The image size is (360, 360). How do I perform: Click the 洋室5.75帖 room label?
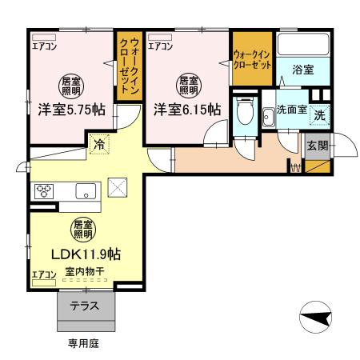pyautogui.click(x=70, y=111)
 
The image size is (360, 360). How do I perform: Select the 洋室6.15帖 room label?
pyautogui.click(x=187, y=111)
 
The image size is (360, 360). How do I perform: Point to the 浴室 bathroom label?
pyautogui.click(x=302, y=70)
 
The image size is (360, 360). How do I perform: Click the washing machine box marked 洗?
pyautogui.click(x=318, y=115)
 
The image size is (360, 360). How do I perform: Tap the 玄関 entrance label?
pyautogui.click(x=317, y=145)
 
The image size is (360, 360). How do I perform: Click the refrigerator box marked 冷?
pyautogui.click(x=98, y=146)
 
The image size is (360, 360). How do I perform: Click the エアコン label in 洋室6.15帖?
pyautogui.click(x=160, y=46)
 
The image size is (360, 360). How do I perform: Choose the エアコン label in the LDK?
pyautogui.click(x=44, y=274)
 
